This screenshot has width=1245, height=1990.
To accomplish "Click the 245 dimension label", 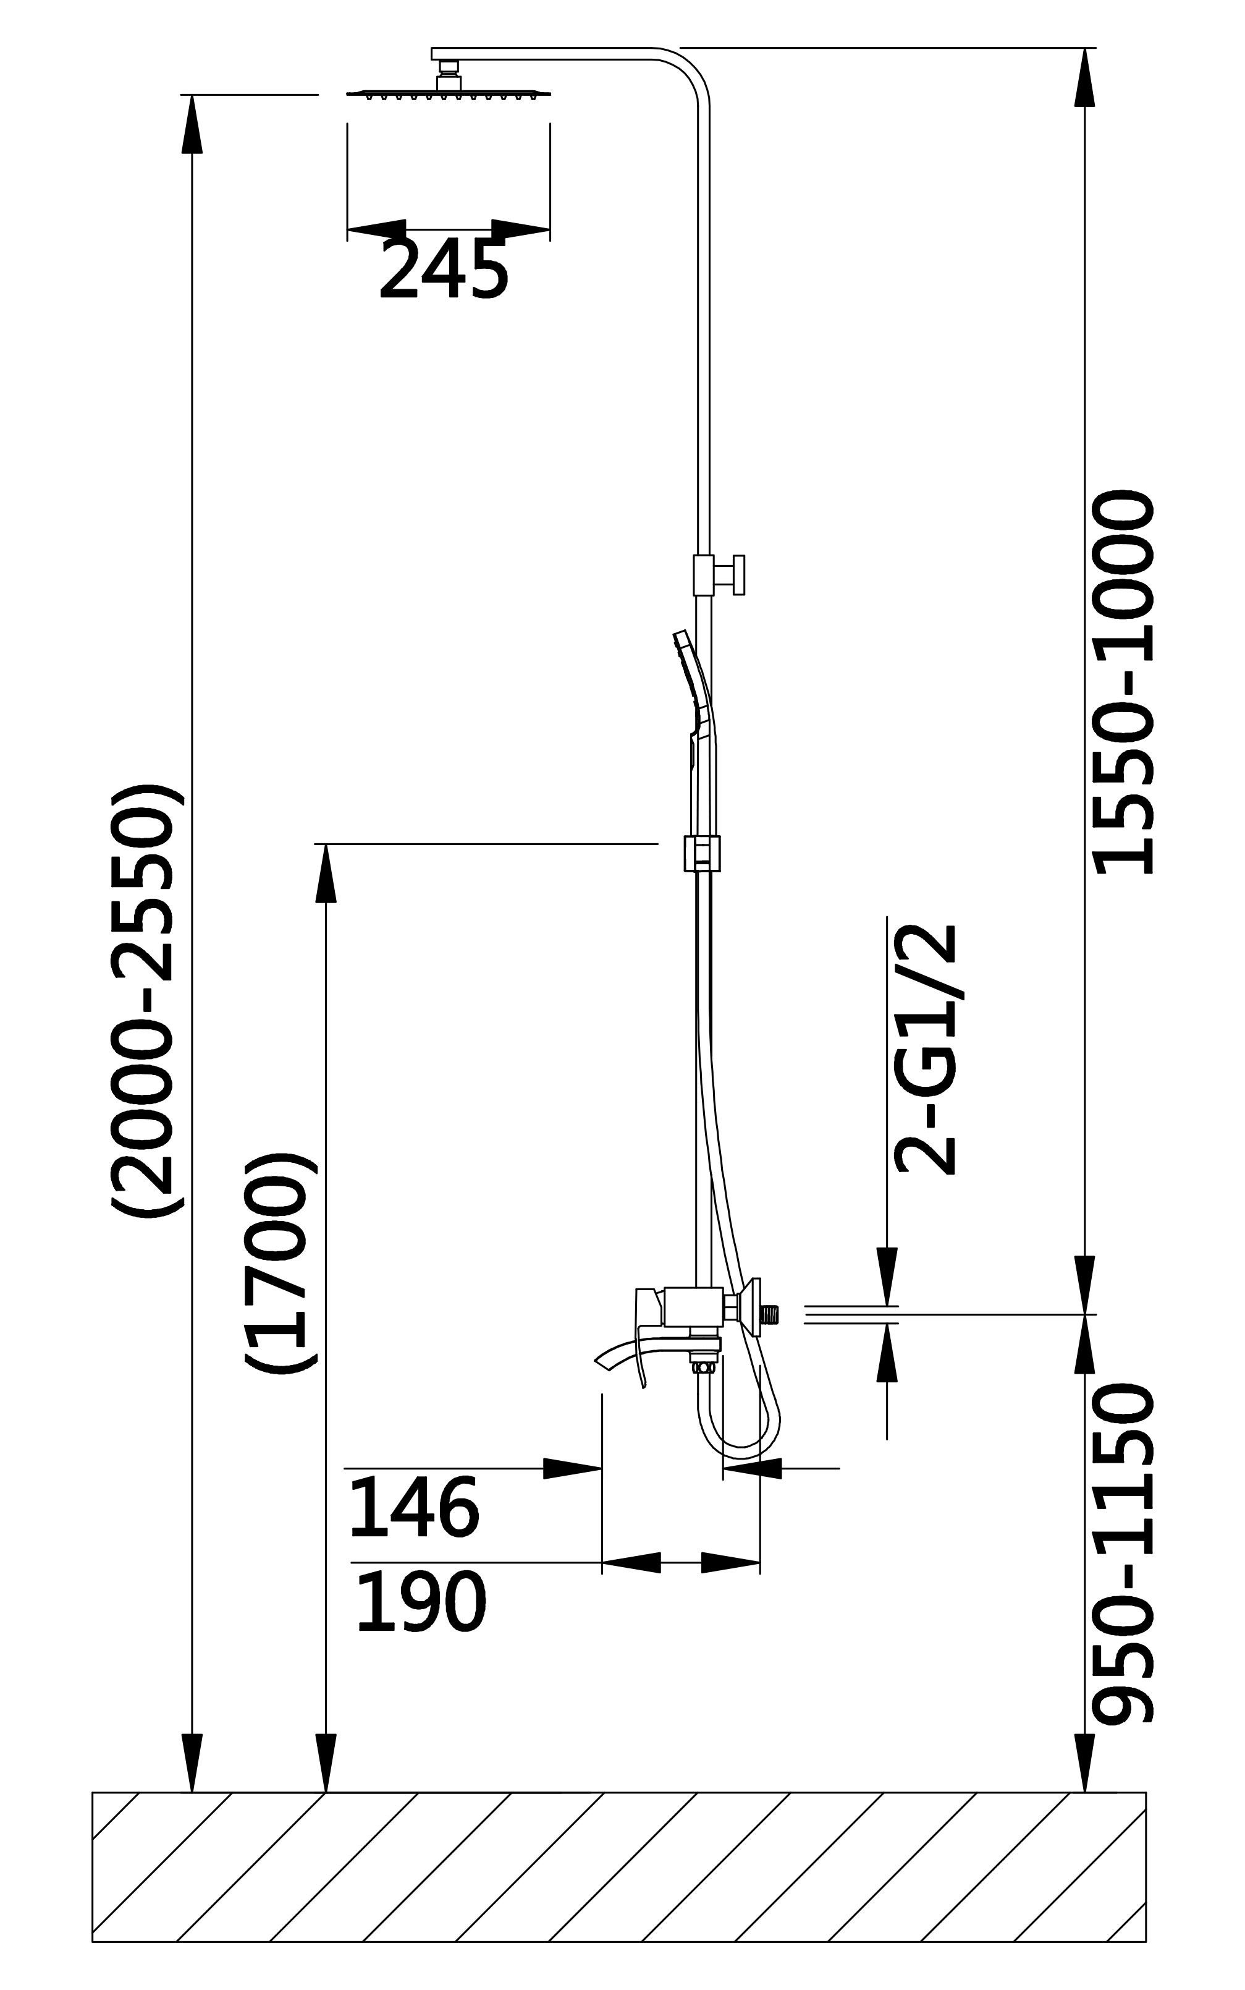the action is click(443, 270).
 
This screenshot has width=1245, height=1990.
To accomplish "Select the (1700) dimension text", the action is click(280, 1264).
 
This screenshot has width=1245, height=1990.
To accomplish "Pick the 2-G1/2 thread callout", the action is click(926, 1050).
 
